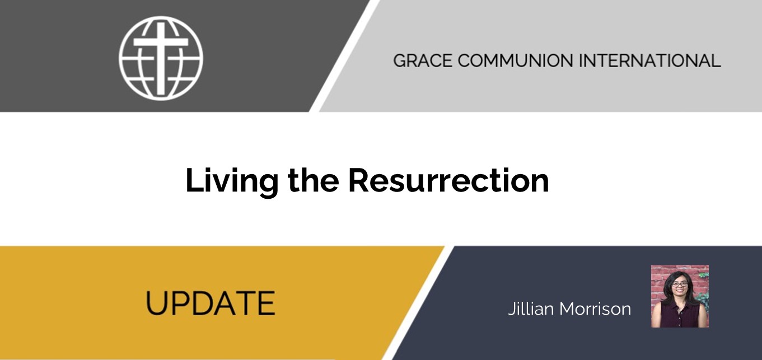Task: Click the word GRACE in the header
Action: point(423,60)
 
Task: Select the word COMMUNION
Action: point(515,60)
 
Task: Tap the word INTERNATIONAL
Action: point(649,60)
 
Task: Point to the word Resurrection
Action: point(448,180)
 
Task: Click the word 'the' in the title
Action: point(314,180)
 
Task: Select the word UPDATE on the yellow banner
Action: point(210,303)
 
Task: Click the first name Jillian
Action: point(531,308)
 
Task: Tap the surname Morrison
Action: point(595,309)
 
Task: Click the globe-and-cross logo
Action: point(161,58)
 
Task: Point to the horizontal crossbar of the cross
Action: point(161,42)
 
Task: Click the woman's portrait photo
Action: point(680,296)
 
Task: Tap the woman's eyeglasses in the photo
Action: point(680,284)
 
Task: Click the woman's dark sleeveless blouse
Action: point(680,315)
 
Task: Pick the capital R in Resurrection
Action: point(360,181)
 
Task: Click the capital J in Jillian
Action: point(512,309)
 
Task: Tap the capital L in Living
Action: point(195,180)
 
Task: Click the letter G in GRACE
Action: point(400,60)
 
